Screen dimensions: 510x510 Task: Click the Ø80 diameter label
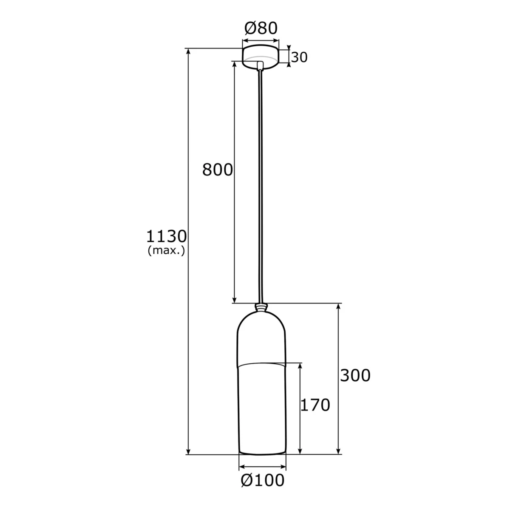coord(261,28)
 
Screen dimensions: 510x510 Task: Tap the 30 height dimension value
coord(299,57)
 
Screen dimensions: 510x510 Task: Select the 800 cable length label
coord(217,170)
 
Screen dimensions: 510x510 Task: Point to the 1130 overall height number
coord(167,236)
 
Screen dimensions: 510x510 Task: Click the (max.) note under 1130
coord(167,250)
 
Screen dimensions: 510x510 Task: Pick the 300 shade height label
coord(355,375)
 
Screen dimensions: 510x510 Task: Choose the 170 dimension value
coord(315,405)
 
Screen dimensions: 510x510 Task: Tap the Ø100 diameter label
coord(263,487)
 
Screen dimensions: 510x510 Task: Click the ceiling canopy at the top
coord(261,57)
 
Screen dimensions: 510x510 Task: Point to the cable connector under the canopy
coord(261,65)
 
